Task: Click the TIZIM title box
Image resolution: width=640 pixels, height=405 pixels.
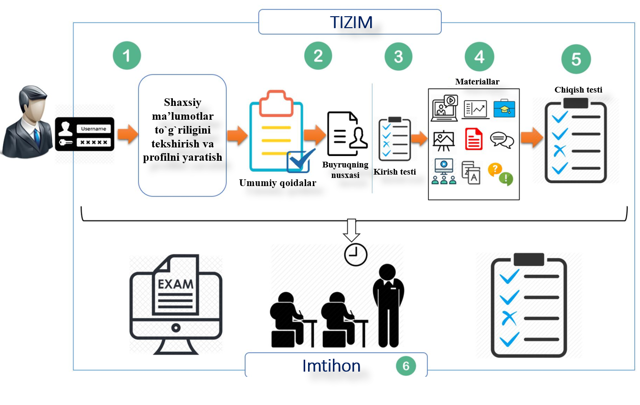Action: [x=350, y=22]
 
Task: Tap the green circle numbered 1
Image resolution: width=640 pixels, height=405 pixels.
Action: [x=127, y=56]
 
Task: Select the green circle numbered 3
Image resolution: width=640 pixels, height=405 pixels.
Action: [x=398, y=57]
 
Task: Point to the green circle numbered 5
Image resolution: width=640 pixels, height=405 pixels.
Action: [x=576, y=59]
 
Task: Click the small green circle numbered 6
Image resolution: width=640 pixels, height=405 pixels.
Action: [x=406, y=366]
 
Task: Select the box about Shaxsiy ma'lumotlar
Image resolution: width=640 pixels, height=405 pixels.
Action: [x=182, y=135]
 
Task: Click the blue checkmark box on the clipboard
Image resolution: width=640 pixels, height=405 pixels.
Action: [x=299, y=161]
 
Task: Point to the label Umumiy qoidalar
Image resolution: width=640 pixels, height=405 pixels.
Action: [x=277, y=182]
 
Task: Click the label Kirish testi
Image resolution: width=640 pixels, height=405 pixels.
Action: [x=395, y=172]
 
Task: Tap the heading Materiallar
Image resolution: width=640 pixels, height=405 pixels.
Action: [x=477, y=82]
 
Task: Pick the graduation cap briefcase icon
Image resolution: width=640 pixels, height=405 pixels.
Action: [x=504, y=109]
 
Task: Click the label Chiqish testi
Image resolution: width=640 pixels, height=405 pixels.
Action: [x=578, y=89]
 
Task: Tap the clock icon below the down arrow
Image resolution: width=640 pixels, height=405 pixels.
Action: [x=355, y=254]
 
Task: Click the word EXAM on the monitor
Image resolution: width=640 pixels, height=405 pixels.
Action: [x=176, y=285]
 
